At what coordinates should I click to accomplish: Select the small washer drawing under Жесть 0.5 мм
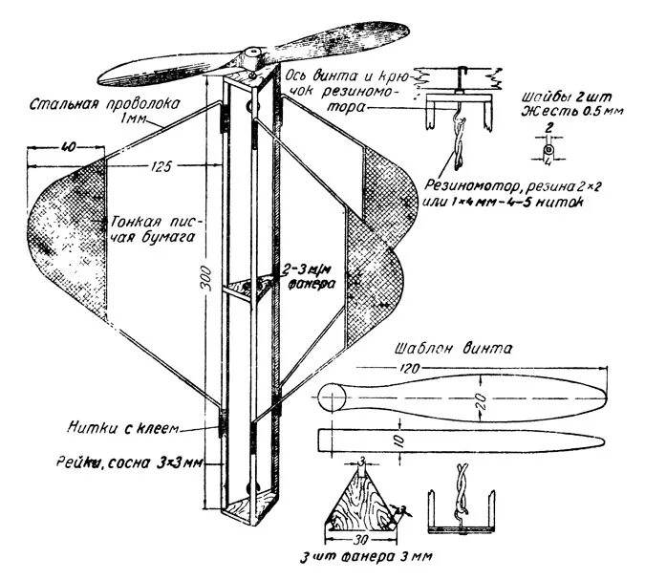tap(548, 151)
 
